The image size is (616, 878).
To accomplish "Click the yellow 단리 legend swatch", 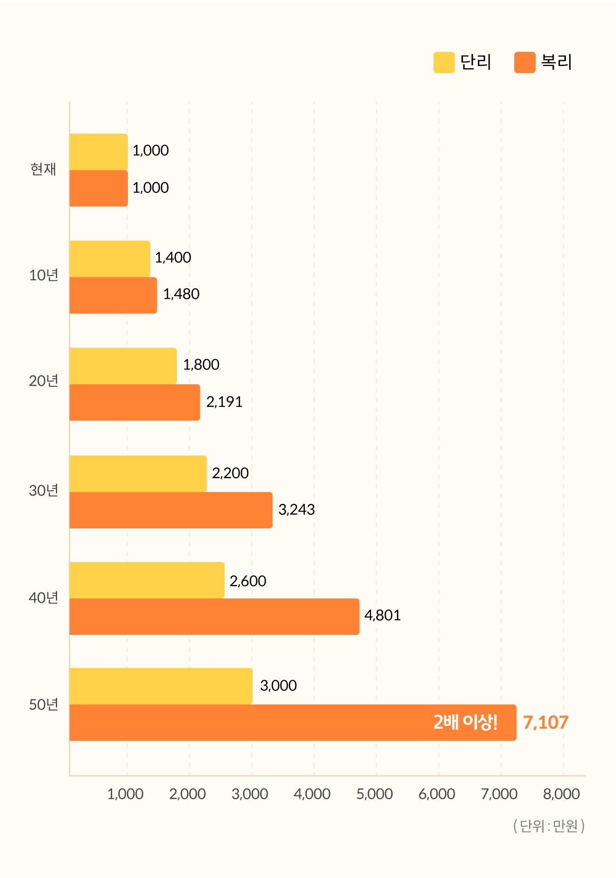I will coord(444,62).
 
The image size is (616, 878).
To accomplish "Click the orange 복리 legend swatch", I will coord(524,62).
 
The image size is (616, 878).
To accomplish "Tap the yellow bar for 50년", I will coord(160,686).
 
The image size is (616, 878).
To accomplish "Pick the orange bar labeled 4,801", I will coord(214,617).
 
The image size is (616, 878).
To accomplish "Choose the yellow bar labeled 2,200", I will coord(138,474).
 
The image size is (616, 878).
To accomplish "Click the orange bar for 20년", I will coord(135,403).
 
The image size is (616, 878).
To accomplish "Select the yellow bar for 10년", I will coord(110,259).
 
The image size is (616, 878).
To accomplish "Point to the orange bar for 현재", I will coord(99,189).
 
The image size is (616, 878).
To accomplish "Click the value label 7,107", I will coord(546,722).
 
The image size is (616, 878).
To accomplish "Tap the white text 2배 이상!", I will coord(465,722).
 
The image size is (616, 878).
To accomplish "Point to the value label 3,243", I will coord(296,510).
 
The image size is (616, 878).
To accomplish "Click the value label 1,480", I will coord(181,294).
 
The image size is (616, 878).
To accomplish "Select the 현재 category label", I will coord(43,169).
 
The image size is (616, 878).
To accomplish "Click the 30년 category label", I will coord(43,491).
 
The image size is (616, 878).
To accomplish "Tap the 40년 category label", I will coord(43,598).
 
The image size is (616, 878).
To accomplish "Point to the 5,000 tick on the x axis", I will coord(375,794).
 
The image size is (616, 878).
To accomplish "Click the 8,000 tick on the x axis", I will coord(562,794).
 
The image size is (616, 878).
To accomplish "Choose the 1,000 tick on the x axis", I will coord(125,794).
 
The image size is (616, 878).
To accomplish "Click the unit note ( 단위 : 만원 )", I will coord(549,826).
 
